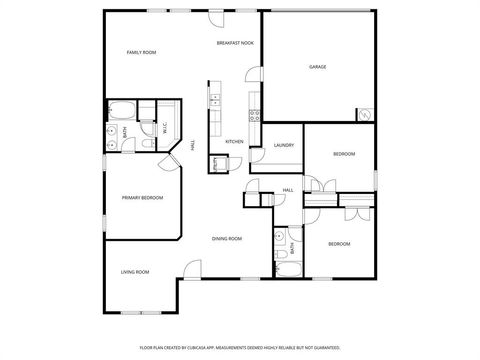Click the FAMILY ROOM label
click(141, 52)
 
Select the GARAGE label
click(316, 67)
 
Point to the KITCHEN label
click(234, 142)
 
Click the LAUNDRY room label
click(282, 146)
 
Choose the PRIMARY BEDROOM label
click(142, 198)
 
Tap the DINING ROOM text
click(227, 238)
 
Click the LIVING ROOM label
click(135, 272)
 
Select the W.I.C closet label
click(165, 128)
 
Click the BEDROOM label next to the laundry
click(343, 154)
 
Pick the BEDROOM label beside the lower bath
click(340, 245)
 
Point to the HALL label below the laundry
click(287, 190)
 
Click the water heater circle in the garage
click(364, 116)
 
